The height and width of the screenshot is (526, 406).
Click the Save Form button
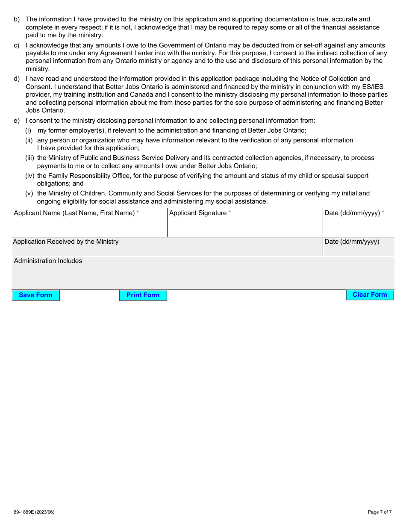tap(35, 295)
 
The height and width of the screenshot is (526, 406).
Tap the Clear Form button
tap(370, 295)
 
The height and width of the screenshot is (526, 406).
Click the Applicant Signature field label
tap(197, 213)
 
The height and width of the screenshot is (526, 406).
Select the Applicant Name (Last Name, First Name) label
tap(74, 213)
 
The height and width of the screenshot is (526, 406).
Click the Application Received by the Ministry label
tap(66, 242)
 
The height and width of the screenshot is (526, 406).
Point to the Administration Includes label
tap(48, 261)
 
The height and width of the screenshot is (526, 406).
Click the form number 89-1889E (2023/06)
tap(34, 512)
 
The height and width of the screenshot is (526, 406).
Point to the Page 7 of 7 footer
tap(380, 512)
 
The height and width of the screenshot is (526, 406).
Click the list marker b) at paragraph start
tap(17, 19)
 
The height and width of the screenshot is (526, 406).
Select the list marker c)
tap(17, 45)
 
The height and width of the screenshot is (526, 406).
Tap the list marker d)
tap(17, 79)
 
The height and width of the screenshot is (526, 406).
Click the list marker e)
tap(17, 121)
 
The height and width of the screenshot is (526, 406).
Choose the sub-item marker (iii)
tap(29, 158)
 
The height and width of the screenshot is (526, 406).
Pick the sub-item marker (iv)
tap(29, 176)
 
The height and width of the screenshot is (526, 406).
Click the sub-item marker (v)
tap(29, 193)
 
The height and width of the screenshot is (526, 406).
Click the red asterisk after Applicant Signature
tap(230, 213)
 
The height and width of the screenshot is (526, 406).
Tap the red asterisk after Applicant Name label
tap(138, 213)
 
